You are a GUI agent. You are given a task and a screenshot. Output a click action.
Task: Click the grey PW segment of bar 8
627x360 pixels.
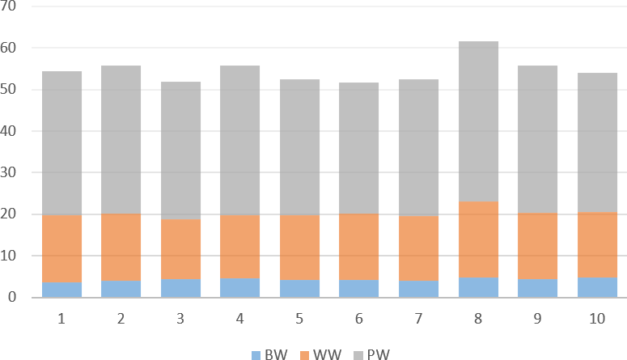click(x=478, y=121)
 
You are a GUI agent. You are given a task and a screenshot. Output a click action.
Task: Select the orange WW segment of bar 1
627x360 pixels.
click(x=61, y=248)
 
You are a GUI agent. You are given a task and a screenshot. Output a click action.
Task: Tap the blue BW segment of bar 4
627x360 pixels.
click(x=240, y=288)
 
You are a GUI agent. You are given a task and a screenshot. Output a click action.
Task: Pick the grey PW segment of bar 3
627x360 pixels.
click(x=180, y=150)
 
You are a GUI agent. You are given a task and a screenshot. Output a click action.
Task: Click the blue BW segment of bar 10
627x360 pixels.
click(x=597, y=288)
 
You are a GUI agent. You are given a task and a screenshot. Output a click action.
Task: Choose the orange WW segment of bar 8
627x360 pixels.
click(x=478, y=239)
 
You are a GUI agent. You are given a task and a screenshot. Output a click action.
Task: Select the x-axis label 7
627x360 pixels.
click(x=418, y=320)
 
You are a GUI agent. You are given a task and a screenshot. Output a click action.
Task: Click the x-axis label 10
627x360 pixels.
click(x=597, y=320)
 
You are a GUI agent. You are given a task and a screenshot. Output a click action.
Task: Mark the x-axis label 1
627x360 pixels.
click(x=61, y=320)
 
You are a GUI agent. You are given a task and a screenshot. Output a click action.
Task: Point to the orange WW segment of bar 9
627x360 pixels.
click(x=537, y=247)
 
